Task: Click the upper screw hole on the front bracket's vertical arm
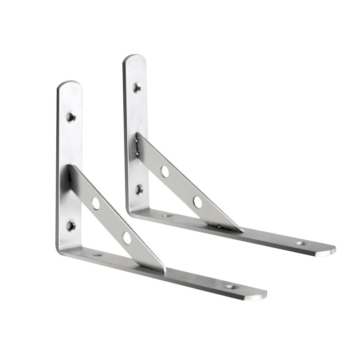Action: (x=71, y=117)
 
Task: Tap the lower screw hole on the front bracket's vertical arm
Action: (x=71, y=225)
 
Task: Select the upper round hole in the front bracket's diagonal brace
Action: (x=96, y=203)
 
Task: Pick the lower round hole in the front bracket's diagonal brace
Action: (x=127, y=238)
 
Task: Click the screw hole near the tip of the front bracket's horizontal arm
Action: (x=231, y=286)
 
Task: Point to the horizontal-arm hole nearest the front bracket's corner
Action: (x=97, y=255)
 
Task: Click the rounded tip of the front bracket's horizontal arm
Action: (x=261, y=295)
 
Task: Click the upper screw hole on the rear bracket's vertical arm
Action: (x=137, y=86)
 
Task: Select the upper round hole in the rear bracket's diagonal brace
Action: (x=165, y=171)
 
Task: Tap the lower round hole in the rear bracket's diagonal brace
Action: (x=198, y=202)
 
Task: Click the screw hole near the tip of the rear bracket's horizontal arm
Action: (x=301, y=243)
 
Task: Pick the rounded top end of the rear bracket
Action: (x=135, y=58)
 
